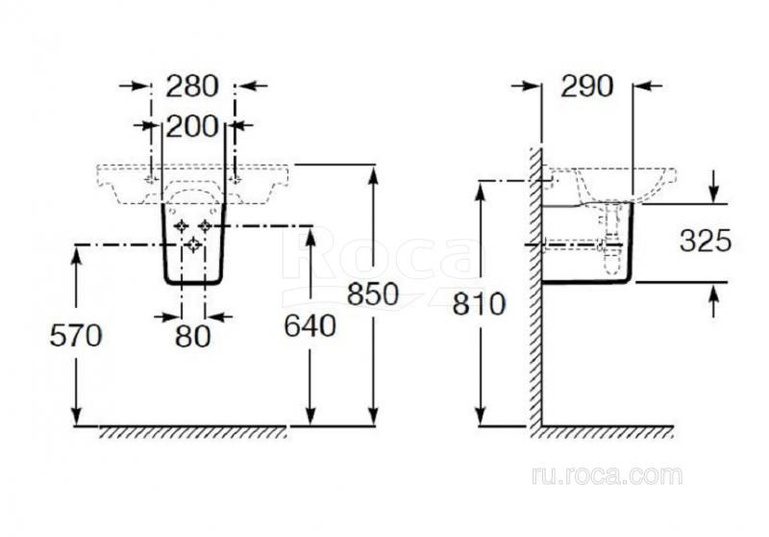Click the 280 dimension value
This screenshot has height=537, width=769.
coord(191,87)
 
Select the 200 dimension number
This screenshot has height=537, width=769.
coord(191,126)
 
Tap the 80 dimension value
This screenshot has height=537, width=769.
coord(193,336)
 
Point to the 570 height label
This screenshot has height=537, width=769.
coord(76,335)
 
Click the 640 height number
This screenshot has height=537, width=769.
coord(310,325)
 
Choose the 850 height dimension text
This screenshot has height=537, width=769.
coord(373,294)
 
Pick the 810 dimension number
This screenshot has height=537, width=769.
coord(479,304)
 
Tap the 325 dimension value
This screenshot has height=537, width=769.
coord(706,241)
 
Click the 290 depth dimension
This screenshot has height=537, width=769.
coord(587,87)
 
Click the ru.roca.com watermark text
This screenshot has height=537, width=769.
coord(607,475)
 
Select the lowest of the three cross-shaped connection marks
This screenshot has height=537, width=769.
coord(194,243)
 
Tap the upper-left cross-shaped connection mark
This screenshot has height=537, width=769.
coord(182,226)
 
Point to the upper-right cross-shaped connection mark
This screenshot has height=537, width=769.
coord(205,226)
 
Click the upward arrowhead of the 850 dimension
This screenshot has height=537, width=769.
coord(374,174)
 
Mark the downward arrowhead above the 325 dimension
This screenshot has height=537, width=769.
coord(714,193)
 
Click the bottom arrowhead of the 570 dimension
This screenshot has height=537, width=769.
coord(77,417)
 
